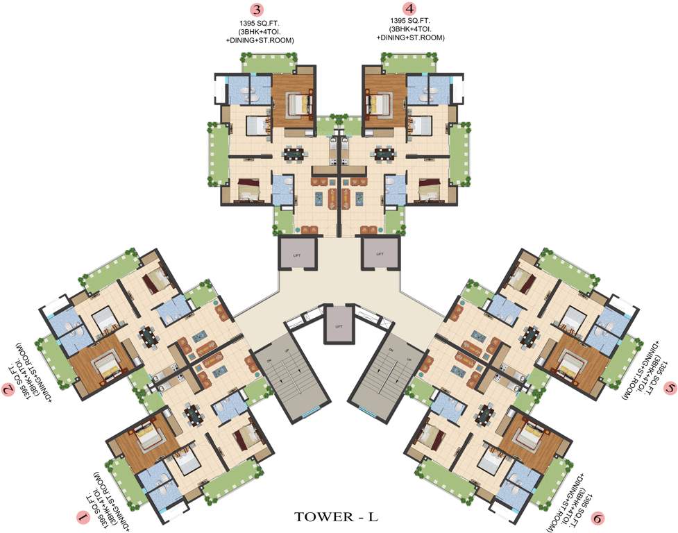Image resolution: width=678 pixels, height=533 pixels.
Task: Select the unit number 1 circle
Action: click(83, 516)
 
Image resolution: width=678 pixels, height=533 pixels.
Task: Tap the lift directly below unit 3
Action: click(298, 253)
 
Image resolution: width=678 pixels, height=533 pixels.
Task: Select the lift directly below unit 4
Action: click(380, 253)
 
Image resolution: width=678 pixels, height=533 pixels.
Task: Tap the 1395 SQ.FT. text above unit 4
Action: click(411, 24)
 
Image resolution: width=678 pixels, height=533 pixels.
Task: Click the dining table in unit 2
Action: click(148, 336)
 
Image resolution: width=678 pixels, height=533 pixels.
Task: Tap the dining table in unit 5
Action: click(530, 336)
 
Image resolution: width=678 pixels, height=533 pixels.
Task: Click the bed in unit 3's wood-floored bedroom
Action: click(300, 104)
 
